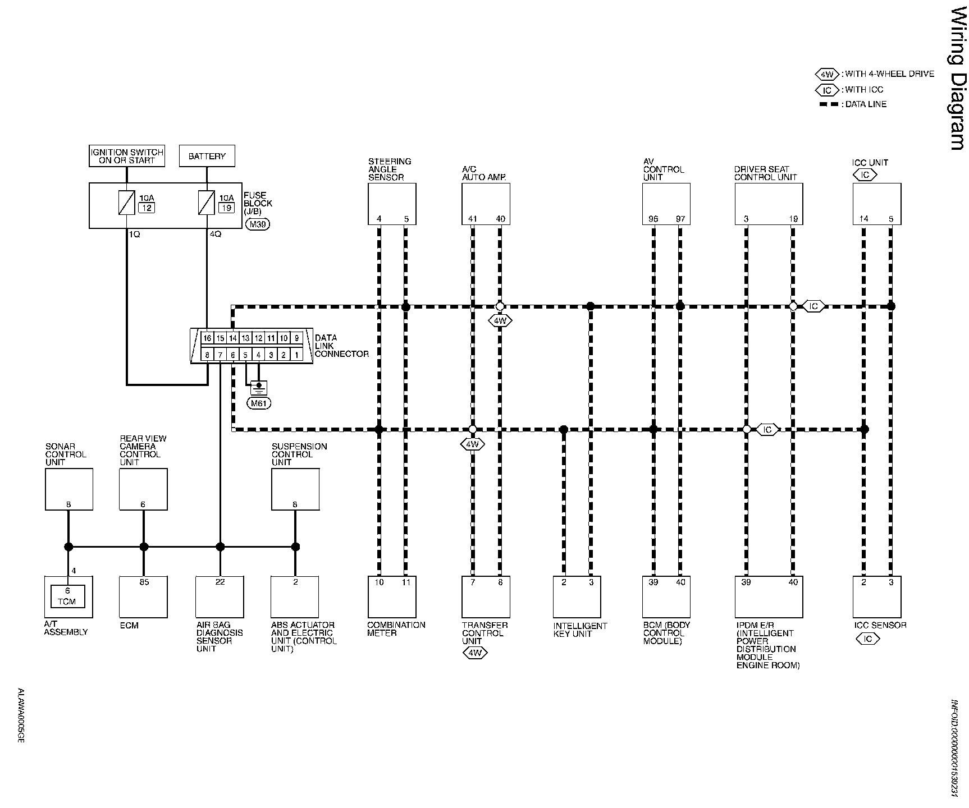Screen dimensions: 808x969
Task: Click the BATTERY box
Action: point(207,156)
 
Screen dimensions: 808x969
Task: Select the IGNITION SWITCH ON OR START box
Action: point(127,156)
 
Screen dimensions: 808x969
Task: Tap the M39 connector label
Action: point(258,224)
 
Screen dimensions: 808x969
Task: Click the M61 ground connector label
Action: point(259,403)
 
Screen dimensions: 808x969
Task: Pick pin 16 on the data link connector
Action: point(207,338)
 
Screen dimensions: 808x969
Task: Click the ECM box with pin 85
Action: point(143,597)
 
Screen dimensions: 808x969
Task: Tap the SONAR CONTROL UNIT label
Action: point(66,454)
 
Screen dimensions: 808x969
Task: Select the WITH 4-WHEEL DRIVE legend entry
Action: point(889,74)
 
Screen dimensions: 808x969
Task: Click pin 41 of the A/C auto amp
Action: point(473,219)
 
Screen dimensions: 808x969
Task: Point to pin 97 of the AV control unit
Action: point(680,219)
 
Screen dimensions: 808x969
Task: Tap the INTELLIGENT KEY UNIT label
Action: point(580,630)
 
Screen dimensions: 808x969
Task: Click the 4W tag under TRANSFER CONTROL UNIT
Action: point(474,653)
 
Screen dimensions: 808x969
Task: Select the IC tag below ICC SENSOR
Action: point(867,639)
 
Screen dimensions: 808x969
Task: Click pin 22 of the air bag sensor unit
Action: point(220,582)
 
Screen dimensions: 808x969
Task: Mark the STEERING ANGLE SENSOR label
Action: point(390,169)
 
